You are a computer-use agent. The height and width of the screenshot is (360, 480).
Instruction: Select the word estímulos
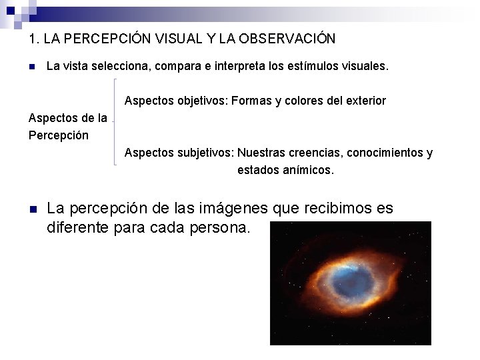(x=316, y=67)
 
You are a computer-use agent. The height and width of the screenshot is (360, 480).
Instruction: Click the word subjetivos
(x=205, y=153)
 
